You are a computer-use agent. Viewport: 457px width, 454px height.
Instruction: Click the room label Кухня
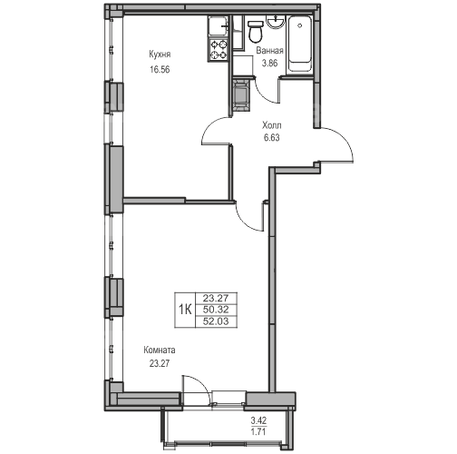coord(160,54)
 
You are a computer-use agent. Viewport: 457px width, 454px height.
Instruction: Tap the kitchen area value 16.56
coord(160,70)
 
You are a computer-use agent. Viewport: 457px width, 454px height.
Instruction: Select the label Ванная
coord(269,51)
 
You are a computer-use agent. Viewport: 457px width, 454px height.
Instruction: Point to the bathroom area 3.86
coord(269,64)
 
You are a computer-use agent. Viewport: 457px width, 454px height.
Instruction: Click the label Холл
coord(272,125)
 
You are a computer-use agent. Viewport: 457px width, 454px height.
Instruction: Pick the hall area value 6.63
coord(272,138)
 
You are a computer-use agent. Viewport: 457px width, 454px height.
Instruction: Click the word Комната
coord(160,350)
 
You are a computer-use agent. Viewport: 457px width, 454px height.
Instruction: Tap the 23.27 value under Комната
coord(160,363)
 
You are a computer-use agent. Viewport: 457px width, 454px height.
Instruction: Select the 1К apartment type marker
coord(185,310)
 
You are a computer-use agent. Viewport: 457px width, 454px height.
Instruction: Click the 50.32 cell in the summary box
coord(216,310)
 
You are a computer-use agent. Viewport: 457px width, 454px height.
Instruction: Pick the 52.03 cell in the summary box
coord(216,321)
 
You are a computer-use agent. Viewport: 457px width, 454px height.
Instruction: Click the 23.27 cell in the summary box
coord(216,299)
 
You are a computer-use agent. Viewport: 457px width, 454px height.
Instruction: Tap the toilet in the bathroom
coord(255,31)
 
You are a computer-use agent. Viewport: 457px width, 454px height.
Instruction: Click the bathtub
coord(300,44)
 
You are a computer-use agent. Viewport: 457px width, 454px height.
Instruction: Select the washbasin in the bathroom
coord(276,22)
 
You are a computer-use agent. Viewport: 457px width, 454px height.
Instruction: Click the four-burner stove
coord(219,50)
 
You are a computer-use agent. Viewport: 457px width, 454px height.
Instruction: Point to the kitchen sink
coord(219,26)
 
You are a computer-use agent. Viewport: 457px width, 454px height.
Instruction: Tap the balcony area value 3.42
coord(258,420)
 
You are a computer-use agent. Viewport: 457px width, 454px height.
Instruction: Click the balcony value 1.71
coord(258,431)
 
